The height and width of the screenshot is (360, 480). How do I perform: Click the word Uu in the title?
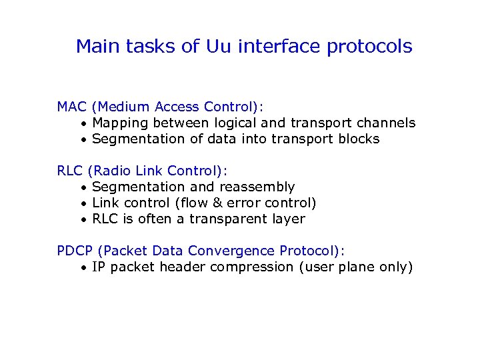220,47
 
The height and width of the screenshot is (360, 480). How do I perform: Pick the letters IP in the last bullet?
99,267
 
